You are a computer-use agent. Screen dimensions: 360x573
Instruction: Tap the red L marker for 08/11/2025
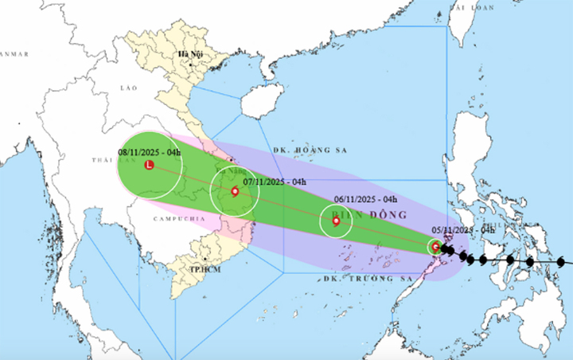pyautogui.click(x=149, y=166)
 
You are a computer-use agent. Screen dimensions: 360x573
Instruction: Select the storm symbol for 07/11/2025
pyautogui.click(x=235, y=191)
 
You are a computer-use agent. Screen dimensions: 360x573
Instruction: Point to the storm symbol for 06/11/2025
pyautogui.click(x=336, y=221)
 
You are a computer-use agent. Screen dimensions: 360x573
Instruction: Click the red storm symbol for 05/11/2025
pyautogui.click(x=435, y=247)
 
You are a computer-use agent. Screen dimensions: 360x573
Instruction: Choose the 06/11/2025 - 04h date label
pyautogui.click(x=365, y=200)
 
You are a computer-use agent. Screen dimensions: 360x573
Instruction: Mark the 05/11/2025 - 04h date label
pyautogui.click(x=462, y=229)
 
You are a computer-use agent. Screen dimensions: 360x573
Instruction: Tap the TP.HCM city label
pyautogui.click(x=205, y=270)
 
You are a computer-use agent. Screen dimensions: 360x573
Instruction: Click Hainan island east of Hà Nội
pyautogui.click(x=262, y=102)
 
